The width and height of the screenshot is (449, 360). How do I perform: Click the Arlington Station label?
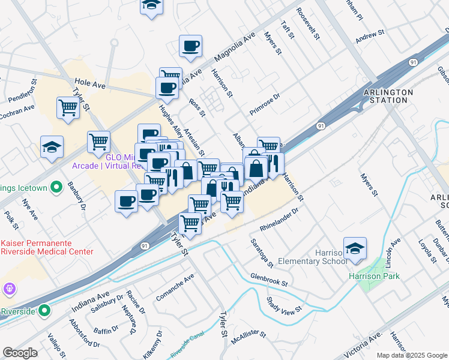pos(388,96)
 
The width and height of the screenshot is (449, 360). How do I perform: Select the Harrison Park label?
pos(375,276)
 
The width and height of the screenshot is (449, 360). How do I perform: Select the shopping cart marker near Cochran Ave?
pos(68,109)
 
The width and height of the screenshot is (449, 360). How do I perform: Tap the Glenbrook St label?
pos(269,278)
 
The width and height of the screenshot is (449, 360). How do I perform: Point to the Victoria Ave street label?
pos(364,341)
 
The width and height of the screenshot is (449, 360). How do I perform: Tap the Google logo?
pos(20,353)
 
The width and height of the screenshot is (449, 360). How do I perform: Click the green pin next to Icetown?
pos(56,188)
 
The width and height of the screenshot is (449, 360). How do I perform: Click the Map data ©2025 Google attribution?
pos(412,355)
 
